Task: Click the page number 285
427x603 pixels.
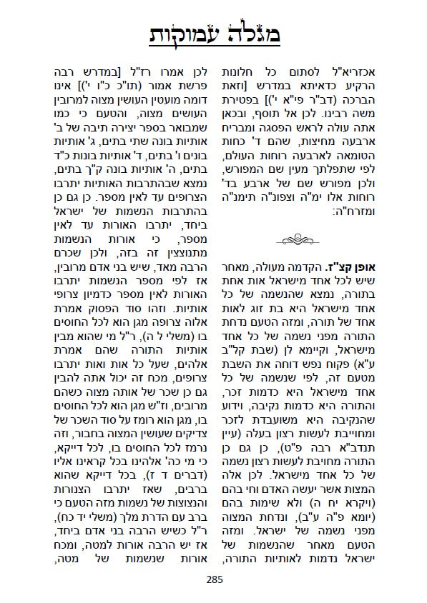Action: click(x=214, y=579)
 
